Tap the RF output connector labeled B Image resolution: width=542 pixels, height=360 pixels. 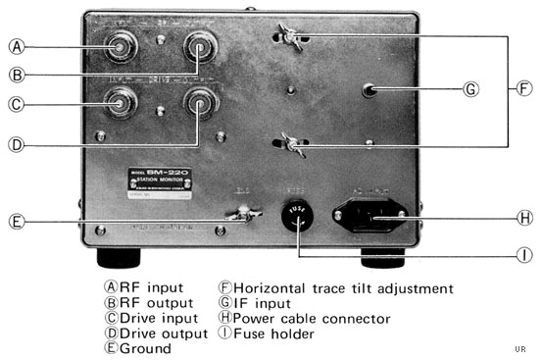[201, 46]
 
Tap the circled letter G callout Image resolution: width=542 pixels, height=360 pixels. [472, 89]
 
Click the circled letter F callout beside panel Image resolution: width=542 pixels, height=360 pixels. [524, 89]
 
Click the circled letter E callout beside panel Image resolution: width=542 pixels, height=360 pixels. [17, 221]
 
